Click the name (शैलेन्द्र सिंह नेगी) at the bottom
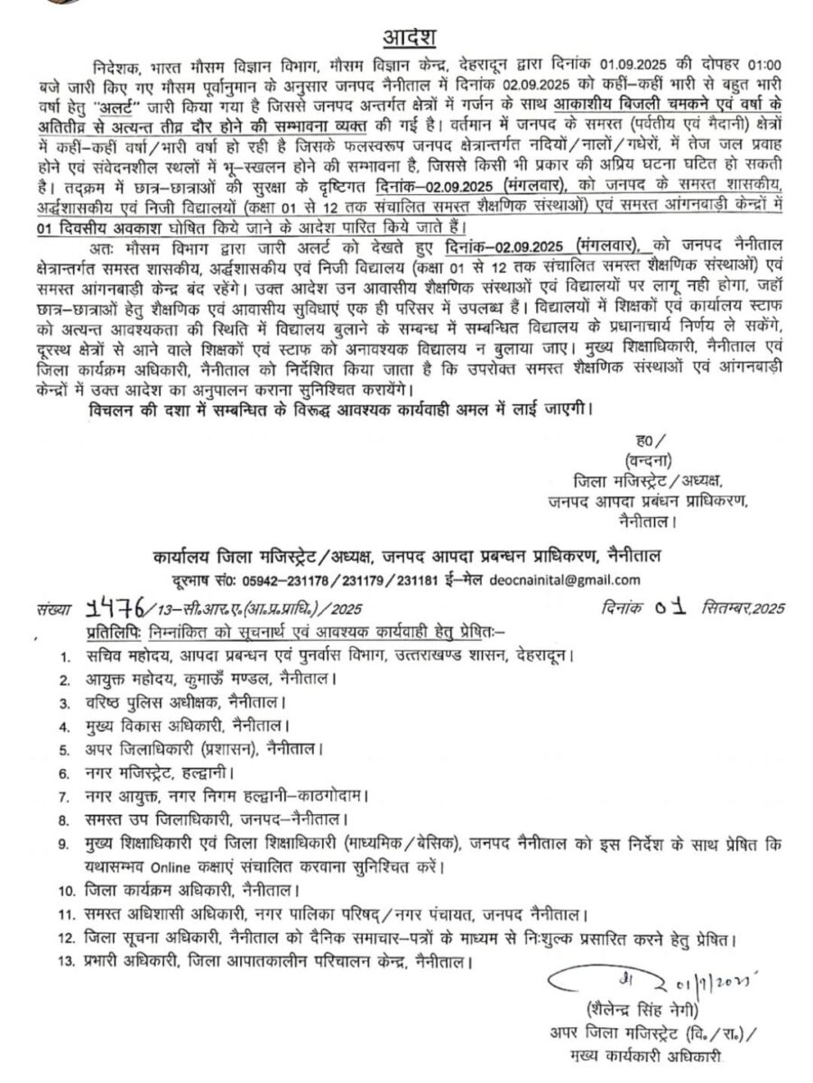pos(640,1011)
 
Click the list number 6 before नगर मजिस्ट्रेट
pos(64,773)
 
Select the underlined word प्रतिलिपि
pos(115,629)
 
